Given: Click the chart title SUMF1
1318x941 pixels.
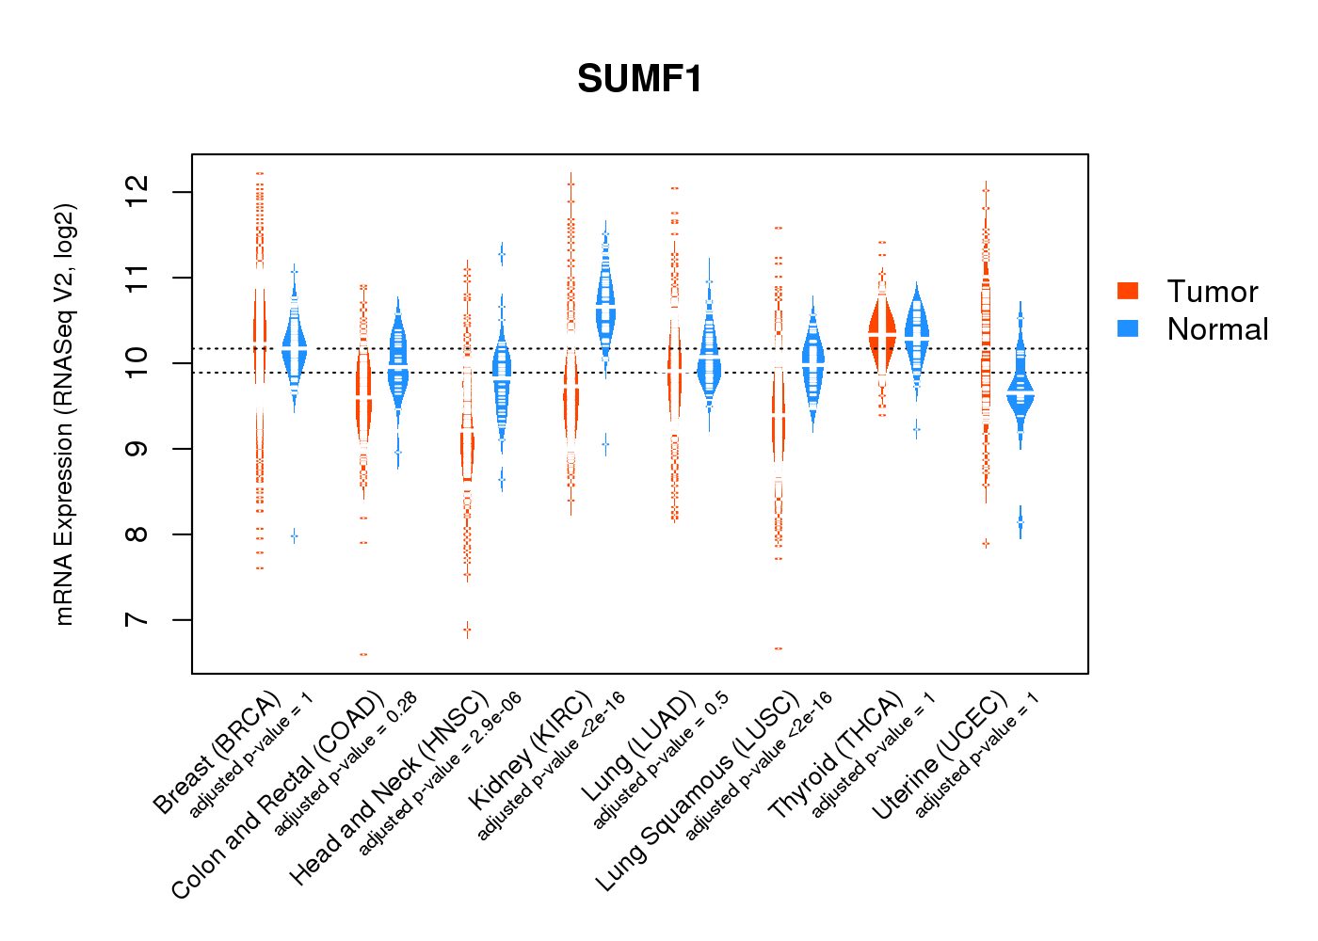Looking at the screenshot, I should pos(640,79).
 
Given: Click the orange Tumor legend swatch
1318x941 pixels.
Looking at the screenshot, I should pos(1128,291).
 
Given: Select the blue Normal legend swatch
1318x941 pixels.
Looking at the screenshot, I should pos(1128,328).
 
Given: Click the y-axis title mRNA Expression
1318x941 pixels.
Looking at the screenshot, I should pos(64,414).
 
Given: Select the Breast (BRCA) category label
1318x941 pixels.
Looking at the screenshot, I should pos(218,753).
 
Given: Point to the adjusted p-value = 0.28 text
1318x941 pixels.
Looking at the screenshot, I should pos(346,764).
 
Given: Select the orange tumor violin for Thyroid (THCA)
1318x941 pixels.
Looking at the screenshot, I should pos(882,334).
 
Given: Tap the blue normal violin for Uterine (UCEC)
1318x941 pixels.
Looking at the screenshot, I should pos(1020,395).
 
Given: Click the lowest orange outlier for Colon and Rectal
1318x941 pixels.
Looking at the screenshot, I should pos(363,654).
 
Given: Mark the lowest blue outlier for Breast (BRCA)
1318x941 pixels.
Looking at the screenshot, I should pos(295,535).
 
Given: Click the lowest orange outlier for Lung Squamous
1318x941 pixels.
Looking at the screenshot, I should pos(779,648).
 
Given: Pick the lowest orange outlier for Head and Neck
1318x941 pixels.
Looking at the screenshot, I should pos(467,630).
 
